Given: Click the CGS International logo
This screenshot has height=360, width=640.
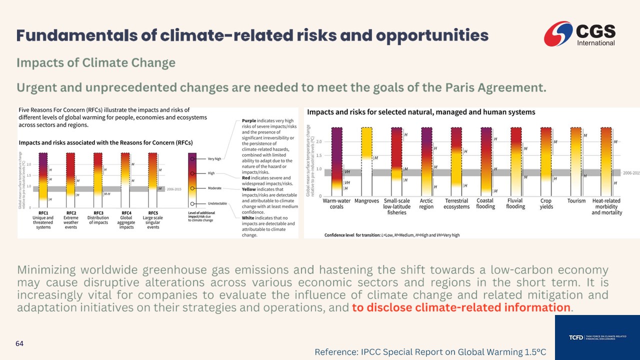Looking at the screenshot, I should pos(580,34).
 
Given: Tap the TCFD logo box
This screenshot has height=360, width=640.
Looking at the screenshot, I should pos(597,337).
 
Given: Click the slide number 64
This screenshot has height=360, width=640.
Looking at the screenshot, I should pos(19,343).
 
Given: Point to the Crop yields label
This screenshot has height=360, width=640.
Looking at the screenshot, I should pos(546,203).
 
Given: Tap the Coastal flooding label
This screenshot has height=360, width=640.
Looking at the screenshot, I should pos(485,203).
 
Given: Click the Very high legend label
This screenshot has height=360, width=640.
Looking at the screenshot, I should pos(215,159).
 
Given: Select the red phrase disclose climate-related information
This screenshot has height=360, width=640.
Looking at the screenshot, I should pos(460,307).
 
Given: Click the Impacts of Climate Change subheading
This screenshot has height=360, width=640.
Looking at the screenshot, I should pos(96,63).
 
